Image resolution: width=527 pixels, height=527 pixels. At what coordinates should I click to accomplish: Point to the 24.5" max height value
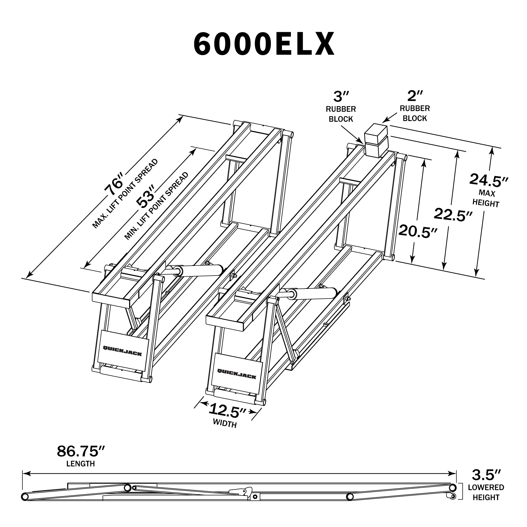(x=489, y=180)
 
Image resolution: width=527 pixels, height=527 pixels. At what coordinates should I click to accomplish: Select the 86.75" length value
(x=81, y=459)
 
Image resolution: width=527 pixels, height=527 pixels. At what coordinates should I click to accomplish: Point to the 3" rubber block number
(x=341, y=96)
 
